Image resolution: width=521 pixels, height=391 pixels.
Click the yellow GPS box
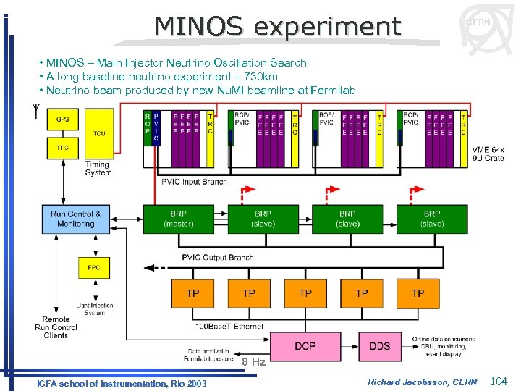[x=63, y=119]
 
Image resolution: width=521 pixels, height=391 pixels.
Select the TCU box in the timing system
[x=99, y=133]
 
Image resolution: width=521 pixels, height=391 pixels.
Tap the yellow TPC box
[x=63, y=147]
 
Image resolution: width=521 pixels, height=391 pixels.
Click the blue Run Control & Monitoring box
[x=75, y=219]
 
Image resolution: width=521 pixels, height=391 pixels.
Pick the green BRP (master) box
[x=178, y=219]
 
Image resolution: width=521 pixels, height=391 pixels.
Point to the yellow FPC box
[x=93, y=267]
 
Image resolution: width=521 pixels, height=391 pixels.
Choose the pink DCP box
[x=305, y=346]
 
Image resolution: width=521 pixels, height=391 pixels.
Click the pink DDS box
[x=380, y=346]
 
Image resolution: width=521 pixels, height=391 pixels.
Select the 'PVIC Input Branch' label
[x=194, y=182]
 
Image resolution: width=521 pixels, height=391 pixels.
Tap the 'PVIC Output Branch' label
[x=217, y=258]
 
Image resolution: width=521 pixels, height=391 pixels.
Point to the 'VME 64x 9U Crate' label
[x=488, y=154]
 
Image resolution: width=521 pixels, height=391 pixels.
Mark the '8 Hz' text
[x=253, y=362]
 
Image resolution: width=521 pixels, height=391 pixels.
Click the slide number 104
[x=499, y=381]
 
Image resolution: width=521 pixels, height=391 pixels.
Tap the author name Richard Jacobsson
[x=404, y=382]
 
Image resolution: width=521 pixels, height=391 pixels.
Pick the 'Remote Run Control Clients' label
[x=56, y=327]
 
